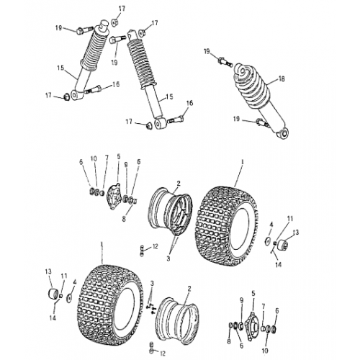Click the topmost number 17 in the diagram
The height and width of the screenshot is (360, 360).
coord(120,8)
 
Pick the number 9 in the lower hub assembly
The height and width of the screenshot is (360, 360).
coord(241,299)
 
